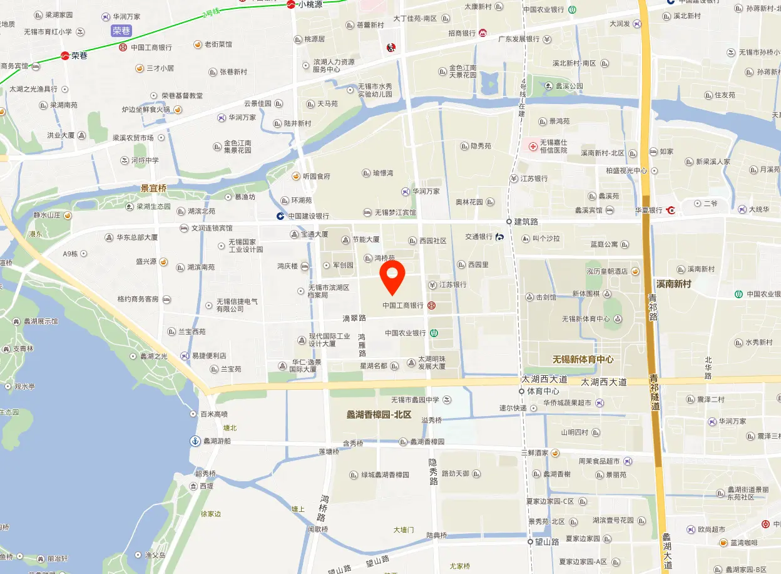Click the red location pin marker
tap(392, 277)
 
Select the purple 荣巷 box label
tap(121, 31)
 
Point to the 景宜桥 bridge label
tap(153, 188)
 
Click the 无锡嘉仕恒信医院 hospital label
tap(553, 147)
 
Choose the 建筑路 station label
tap(526, 222)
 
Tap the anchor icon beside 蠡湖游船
tap(195, 441)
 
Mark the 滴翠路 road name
tap(354, 318)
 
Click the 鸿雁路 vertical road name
tap(362, 345)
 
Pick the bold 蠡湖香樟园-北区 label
tap(379, 415)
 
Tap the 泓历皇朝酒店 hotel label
tap(607, 271)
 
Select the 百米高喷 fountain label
tap(213, 414)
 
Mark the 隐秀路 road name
tap(433, 472)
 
